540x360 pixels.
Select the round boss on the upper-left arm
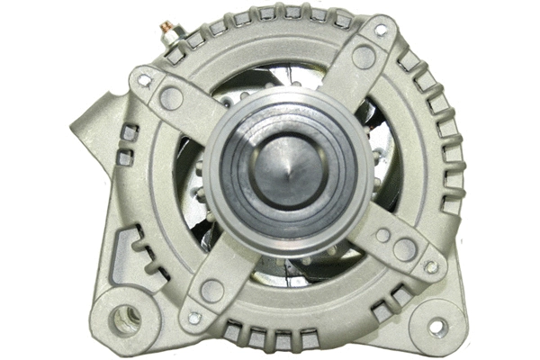coord(171,96)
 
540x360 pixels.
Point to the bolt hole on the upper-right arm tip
coord(380,30)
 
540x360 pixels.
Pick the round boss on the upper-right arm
coord(364,58)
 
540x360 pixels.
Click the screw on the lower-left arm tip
coord(193,317)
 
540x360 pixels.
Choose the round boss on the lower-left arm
coord(212,290)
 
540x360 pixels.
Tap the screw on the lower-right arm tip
coord(431,266)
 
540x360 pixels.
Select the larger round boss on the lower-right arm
coord(405,249)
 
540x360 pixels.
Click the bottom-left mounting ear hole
coord(128,316)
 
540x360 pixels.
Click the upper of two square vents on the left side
coord(128,133)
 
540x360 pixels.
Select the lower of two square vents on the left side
coord(125,157)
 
